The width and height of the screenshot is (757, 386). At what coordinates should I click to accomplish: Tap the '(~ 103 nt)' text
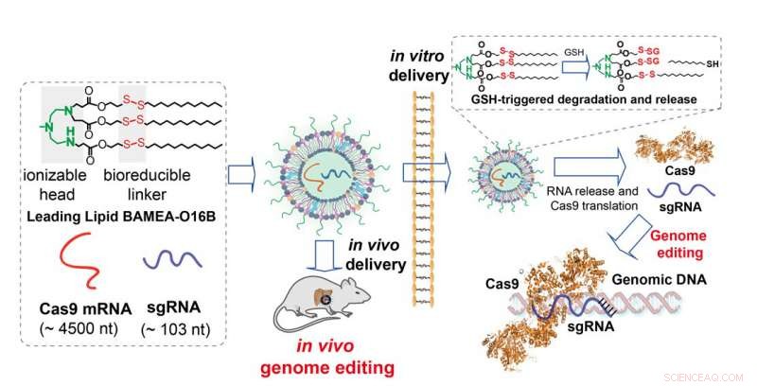[x=180, y=326]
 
